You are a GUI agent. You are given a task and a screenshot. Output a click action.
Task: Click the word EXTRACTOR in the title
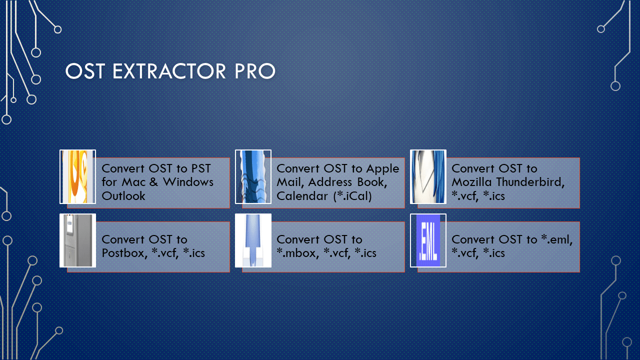[169, 71]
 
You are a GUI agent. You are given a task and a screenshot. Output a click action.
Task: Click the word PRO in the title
[255, 71]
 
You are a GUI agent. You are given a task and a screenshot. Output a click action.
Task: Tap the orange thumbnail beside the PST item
[77, 176]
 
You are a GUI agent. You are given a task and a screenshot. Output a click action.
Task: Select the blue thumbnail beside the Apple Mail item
[253, 176]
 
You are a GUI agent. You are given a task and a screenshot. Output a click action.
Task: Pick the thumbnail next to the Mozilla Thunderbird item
[428, 176]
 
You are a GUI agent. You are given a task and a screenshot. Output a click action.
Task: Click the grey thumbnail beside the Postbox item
[77, 240]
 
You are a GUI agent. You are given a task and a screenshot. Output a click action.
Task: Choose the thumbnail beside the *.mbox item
[253, 240]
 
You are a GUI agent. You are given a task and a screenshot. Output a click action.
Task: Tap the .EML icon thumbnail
[428, 240]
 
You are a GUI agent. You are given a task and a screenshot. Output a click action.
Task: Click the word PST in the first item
[201, 168]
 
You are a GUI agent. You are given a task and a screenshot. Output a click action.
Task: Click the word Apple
[382, 169]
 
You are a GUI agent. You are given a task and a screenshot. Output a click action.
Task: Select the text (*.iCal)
[352, 196]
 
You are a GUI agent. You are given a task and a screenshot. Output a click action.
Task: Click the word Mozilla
[471, 182]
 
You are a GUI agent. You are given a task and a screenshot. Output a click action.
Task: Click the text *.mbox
[297, 253]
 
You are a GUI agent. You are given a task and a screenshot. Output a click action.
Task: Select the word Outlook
[123, 196]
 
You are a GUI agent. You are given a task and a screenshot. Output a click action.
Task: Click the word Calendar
[302, 196]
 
